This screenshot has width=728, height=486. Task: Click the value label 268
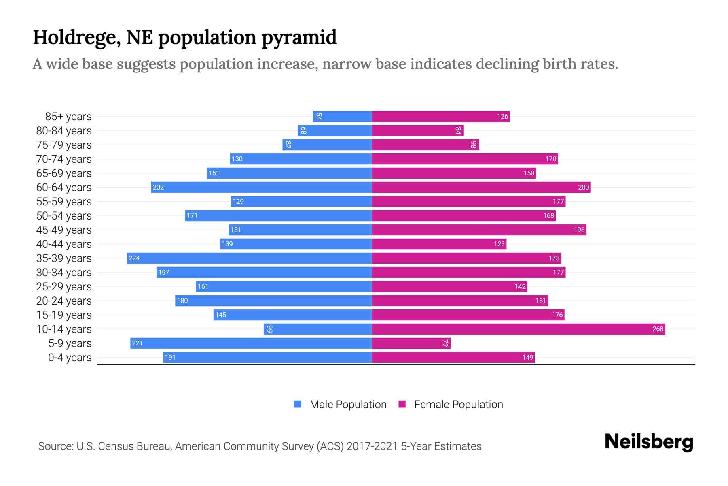658,329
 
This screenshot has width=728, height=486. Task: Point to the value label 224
134,258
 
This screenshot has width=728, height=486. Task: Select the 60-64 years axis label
64,188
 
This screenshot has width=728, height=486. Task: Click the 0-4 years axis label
70,358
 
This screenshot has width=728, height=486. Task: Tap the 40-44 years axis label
64,244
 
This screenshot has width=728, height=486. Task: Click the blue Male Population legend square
298,404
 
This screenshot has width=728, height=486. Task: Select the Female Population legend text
458,405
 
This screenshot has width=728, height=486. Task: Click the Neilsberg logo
649,442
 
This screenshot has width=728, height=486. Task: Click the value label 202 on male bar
158,187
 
